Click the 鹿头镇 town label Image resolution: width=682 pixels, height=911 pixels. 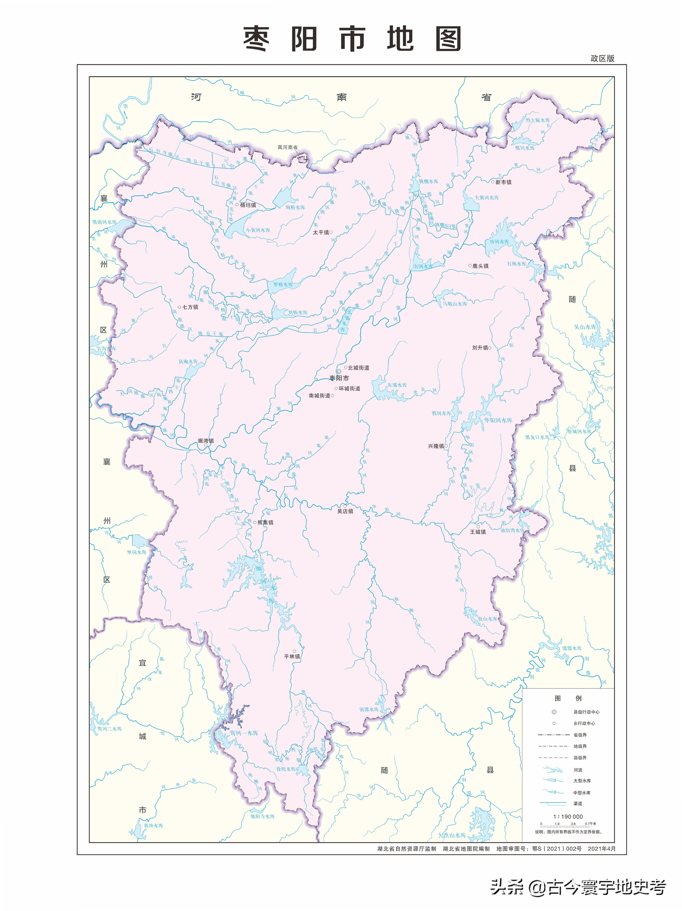(x=480, y=266)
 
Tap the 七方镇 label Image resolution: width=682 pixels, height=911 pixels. (x=190, y=307)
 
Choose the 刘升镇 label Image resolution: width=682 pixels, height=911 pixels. (x=480, y=348)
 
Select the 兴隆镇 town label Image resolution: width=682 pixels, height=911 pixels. (x=436, y=446)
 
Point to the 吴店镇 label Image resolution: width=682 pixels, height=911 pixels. (x=345, y=511)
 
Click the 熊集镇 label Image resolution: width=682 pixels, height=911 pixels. (x=265, y=522)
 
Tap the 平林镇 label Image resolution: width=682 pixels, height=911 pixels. (x=292, y=657)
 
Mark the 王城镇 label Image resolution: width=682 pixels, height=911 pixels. (x=478, y=532)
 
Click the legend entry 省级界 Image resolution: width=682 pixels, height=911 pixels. (x=580, y=735)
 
